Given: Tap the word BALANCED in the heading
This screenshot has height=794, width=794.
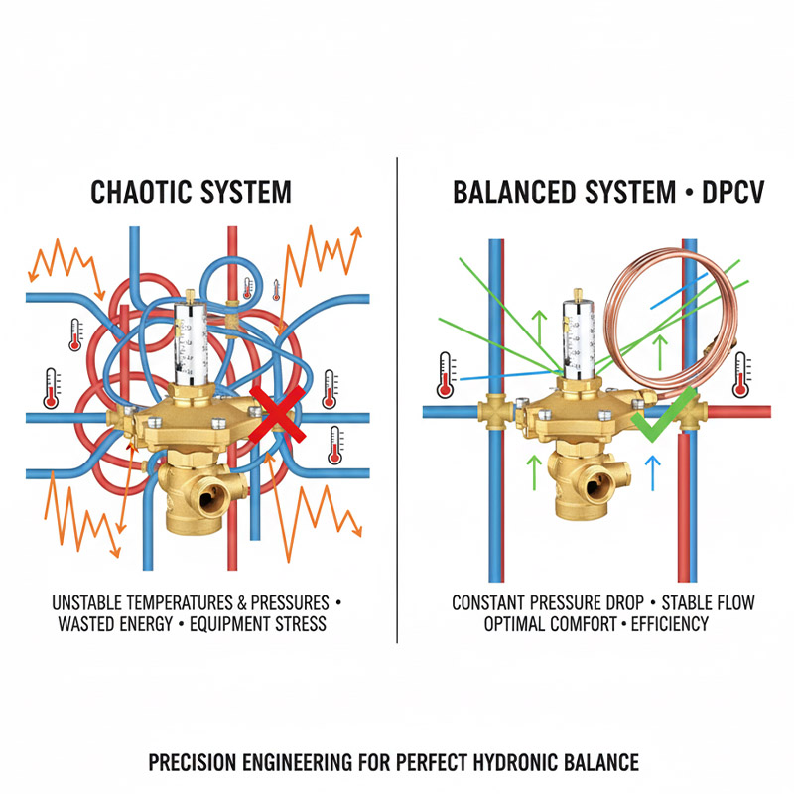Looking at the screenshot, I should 513,192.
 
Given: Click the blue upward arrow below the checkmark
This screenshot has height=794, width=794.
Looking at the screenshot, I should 652,474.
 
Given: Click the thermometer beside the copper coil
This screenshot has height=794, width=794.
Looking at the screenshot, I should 740,372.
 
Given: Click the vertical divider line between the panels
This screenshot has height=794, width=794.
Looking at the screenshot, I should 397,397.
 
